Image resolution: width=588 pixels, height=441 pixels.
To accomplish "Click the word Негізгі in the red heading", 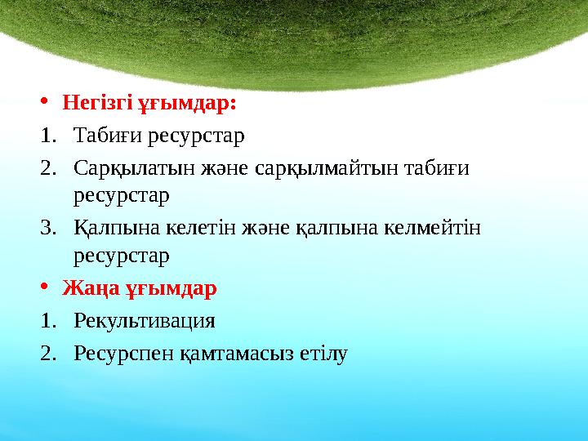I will pos(100,104).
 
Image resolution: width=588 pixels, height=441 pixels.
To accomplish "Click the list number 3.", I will pos(47,226).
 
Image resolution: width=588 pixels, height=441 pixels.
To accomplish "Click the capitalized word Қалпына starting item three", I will pos(108,226).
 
